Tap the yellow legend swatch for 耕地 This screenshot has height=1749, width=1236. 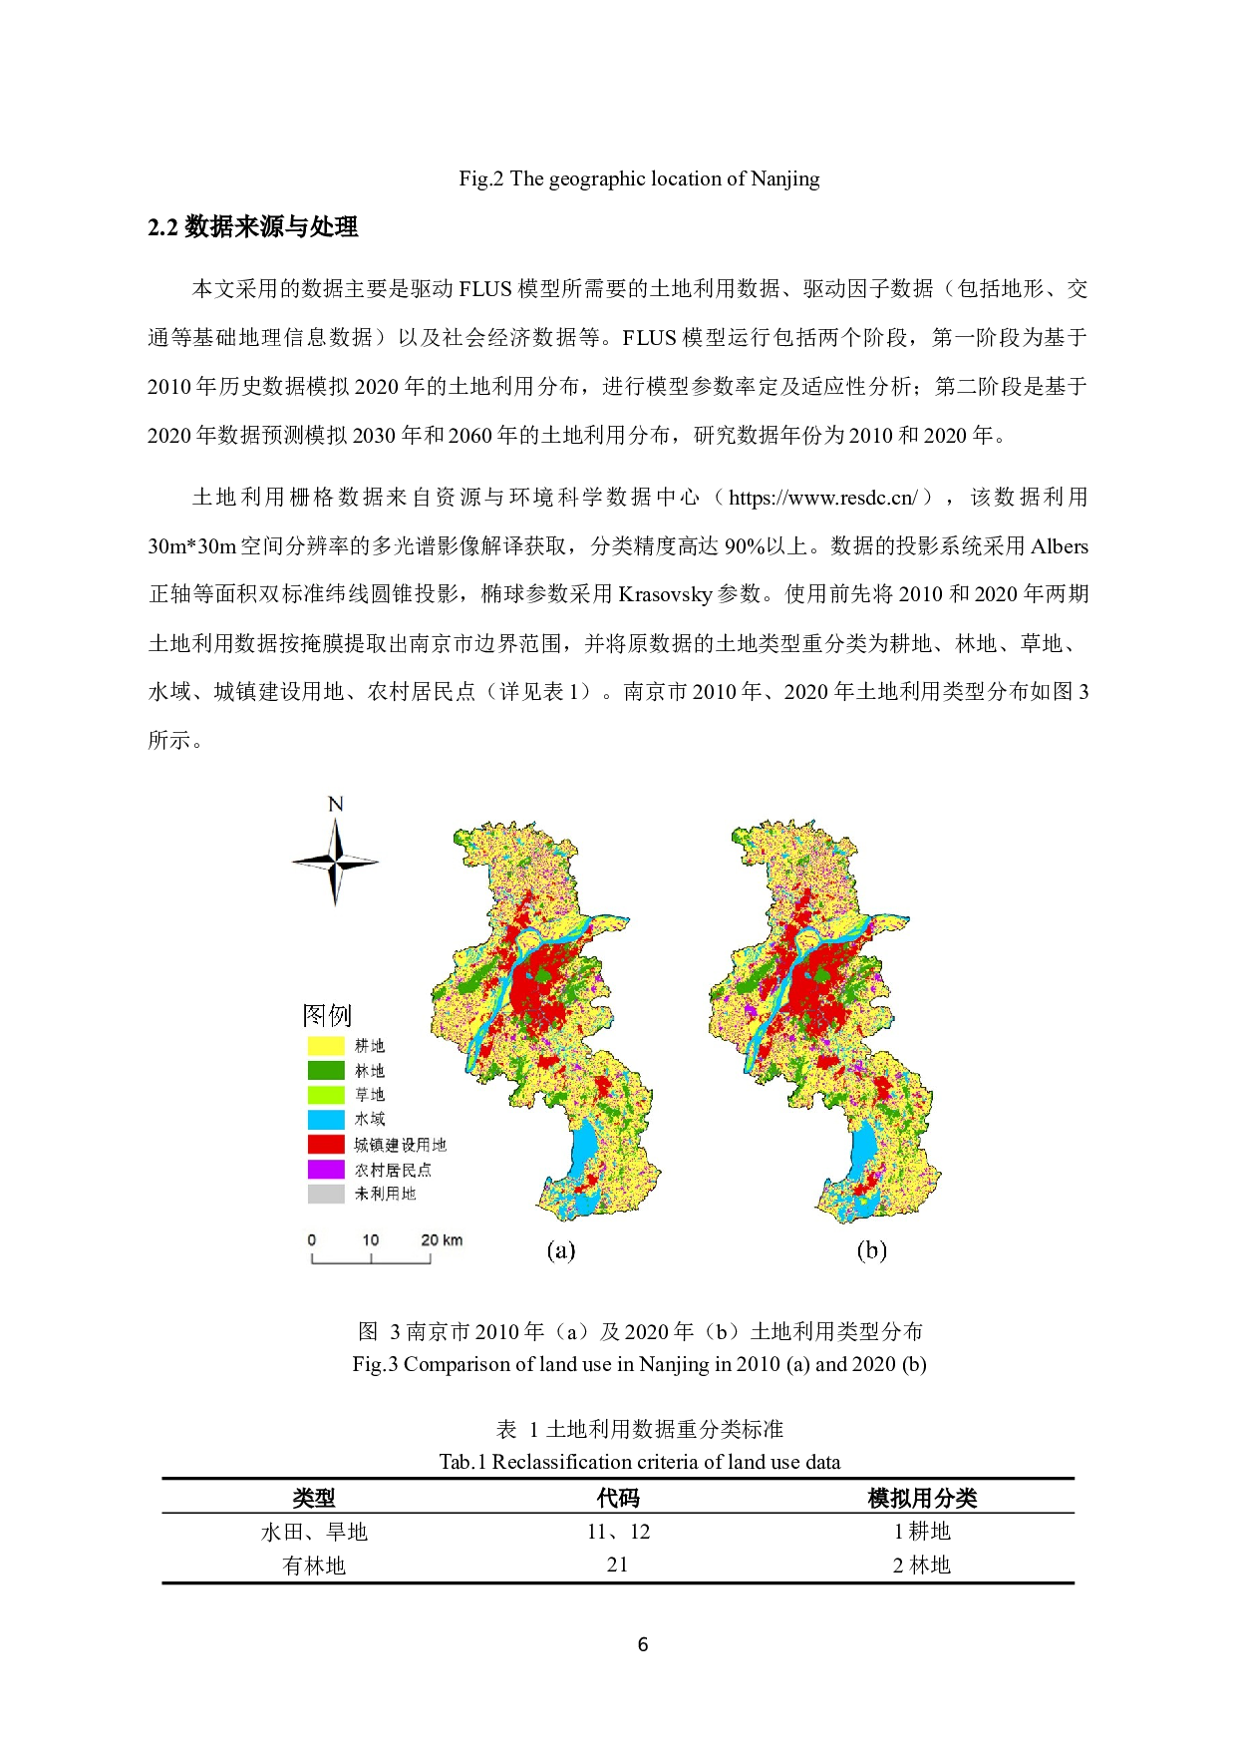coord(326,1046)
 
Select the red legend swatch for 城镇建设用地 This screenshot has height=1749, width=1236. coord(326,1144)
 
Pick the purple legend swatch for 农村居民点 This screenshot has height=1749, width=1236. coord(326,1169)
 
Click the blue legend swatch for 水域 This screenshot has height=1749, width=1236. coord(326,1120)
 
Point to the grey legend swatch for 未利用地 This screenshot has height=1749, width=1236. coord(326,1194)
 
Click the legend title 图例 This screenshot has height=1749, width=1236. coord(327,1015)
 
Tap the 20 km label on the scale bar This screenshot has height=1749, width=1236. coord(442,1240)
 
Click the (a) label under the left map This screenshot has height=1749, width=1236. coord(561,1250)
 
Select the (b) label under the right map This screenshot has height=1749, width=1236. coord(872,1250)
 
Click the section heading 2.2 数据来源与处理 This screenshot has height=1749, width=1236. coord(253,227)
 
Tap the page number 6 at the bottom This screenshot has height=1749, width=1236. coord(642,1644)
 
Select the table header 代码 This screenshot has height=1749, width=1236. coord(618,1498)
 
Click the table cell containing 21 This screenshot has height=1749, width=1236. coord(617,1565)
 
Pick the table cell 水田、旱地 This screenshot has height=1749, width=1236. coord(314,1532)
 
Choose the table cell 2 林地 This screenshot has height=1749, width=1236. coord(922,1566)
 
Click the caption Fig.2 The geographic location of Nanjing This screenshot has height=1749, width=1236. coord(639,179)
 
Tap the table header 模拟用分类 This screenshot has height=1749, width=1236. coord(922,1498)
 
